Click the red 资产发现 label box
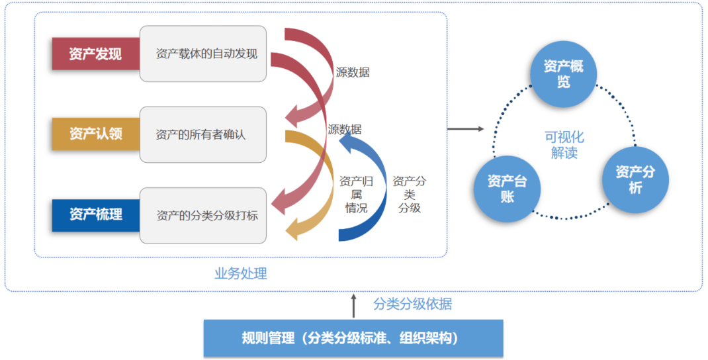[95, 54]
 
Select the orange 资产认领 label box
[95, 134]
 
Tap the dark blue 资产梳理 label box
[95, 214]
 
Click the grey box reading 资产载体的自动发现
[203, 54]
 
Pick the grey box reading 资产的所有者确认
[203, 134]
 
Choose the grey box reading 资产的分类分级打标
[203, 215]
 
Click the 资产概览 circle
[563, 74]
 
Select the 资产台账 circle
[508, 189]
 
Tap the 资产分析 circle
[635, 179]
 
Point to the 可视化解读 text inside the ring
[564, 145]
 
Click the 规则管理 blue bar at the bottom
[353, 338]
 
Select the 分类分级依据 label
[413, 304]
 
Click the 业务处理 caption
[241, 273]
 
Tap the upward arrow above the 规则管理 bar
[353, 306]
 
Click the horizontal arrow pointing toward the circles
[466, 128]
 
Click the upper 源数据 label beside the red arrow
[353, 73]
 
